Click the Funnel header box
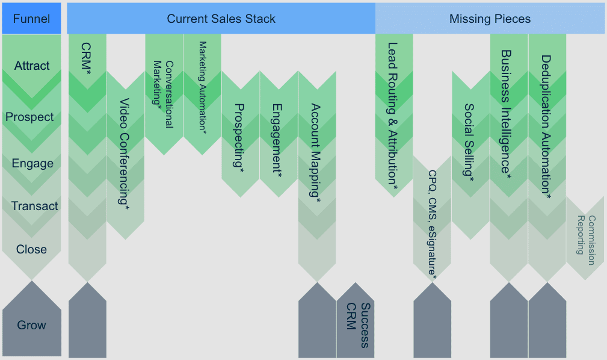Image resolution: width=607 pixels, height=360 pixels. [31, 18]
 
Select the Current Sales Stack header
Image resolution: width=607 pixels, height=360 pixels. [221, 19]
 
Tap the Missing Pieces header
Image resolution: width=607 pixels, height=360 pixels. [490, 19]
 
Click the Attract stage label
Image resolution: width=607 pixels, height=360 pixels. [32, 66]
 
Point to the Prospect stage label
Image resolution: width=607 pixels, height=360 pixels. [29, 117]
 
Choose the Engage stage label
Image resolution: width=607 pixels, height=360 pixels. [32, 163]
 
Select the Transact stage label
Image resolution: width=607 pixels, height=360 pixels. [34, 206]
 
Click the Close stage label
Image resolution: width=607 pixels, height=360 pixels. [31, 249]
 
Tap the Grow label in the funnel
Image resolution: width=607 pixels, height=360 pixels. [31, 325]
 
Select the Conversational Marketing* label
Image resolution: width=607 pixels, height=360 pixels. [163, 93]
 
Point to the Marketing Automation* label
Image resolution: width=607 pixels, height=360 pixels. [203, 88]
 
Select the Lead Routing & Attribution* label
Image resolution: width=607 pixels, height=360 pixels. [393, 117]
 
